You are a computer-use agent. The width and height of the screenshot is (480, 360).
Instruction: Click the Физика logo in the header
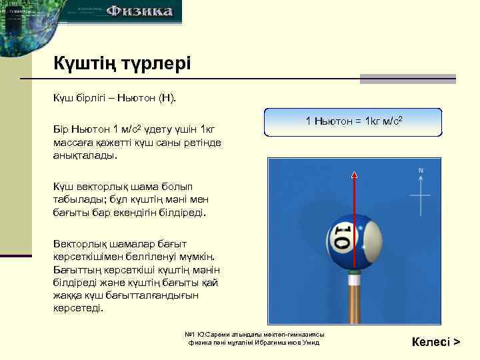pyautogui.click(x=140, y=11)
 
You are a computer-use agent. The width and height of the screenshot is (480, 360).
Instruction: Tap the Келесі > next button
pyautogui.click(x=437, y=342)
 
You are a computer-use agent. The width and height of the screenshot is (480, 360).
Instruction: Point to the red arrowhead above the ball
pyautogui.click(x=354, y=175)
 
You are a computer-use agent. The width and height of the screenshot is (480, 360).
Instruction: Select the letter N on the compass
pyautogui.click(x=421, y=171)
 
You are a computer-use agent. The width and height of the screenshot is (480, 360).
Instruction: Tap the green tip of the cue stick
pyautogui.click(x=355, y=272)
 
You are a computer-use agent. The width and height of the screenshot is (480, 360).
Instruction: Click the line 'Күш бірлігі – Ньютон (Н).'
pyautogui.click(x=115, y=99)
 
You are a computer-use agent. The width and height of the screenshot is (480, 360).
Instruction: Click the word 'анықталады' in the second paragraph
pyautogui.click(x=84, y=155)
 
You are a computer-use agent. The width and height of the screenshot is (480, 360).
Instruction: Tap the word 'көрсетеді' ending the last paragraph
pyautogui.click(x=78, y=309)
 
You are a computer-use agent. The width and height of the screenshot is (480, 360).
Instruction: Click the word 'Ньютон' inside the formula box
pyautogui.click(x=331, y=121)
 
